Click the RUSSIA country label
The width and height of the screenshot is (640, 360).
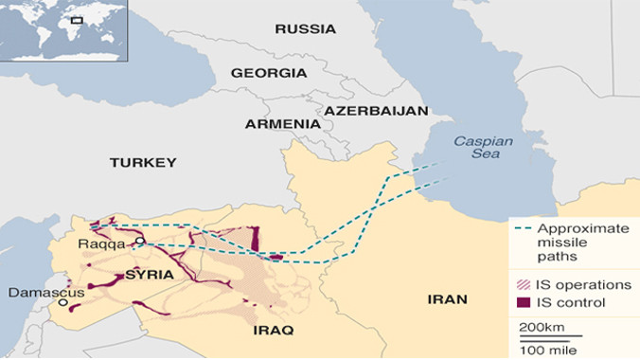[x=305, y=29]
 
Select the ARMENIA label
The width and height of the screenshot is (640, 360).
[x=282, y=124]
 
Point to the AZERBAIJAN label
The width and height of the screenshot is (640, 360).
[x=376, y=111]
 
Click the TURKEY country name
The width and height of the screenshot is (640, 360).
[x=143, y=163]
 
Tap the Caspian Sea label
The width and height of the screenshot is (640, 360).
[x=482, y=149]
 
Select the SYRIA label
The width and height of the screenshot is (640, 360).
[x=149, y=275]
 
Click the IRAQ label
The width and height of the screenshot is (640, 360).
[x=274, y=330]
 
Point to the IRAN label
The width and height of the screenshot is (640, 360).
[x=448, y=299]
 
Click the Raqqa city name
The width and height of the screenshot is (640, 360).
[x=98, y=243]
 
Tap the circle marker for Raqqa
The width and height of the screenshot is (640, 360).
[x=139, y=242]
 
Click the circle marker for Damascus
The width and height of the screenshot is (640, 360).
[x=62, y=303]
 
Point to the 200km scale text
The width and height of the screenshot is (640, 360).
[x=542, y=327]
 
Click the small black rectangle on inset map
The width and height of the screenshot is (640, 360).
[x=77, y=19]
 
